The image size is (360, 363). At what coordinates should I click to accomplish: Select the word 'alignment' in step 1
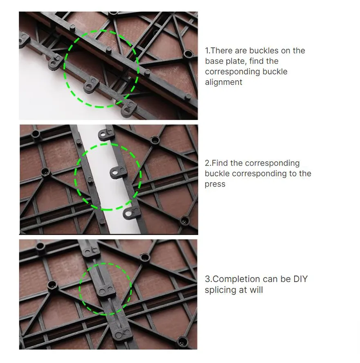pyautogui.click(x=223, y=82)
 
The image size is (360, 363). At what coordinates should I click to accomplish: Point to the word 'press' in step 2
pyautogui.click(x=215, y=185)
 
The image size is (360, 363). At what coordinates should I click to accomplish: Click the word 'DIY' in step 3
pyautogui.click(x=300, y=280)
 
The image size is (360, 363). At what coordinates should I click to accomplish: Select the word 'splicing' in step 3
pyautogui.click(x=221, y=290)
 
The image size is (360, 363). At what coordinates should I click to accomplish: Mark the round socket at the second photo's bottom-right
pyautogui.click(x=185, y=220)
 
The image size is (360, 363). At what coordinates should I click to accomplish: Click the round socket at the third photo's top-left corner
pyautogui.click(x=40, y=246)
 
